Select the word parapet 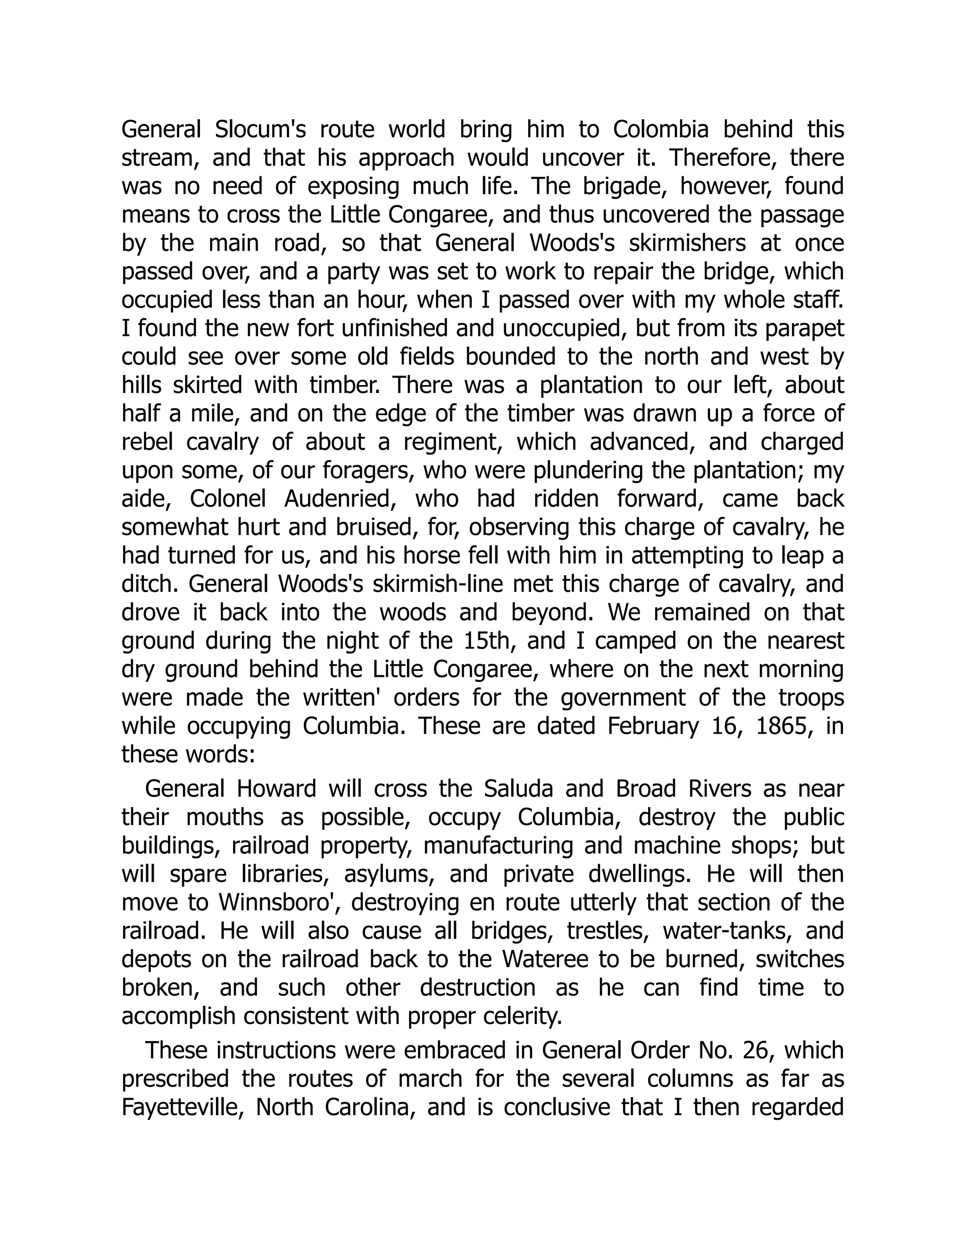pos(803,328)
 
